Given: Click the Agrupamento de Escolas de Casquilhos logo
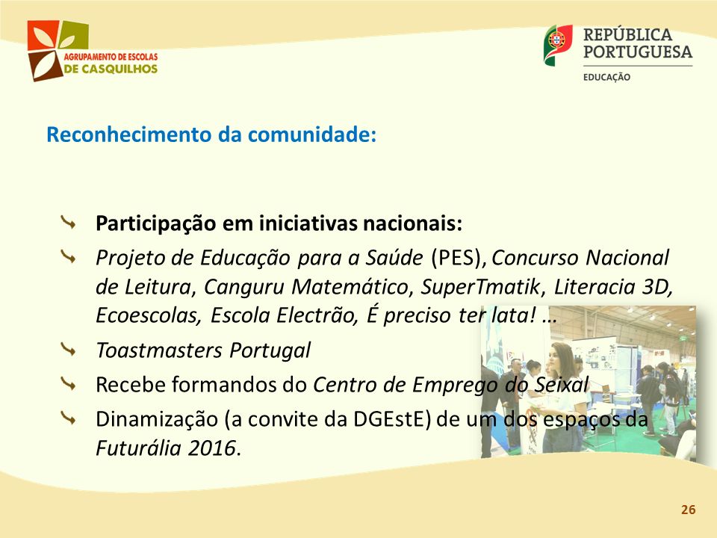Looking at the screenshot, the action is [x=92, y=50].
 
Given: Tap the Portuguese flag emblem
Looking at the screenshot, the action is [x=558, y=45].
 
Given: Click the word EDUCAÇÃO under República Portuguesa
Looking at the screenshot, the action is [x=606, y=77].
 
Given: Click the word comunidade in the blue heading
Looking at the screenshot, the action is [x=309, y=135].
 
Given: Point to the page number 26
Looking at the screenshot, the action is [x=688, y=510].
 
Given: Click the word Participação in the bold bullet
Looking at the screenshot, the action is [x=155, y=224].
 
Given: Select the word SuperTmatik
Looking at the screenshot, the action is [x=480, y=287].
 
